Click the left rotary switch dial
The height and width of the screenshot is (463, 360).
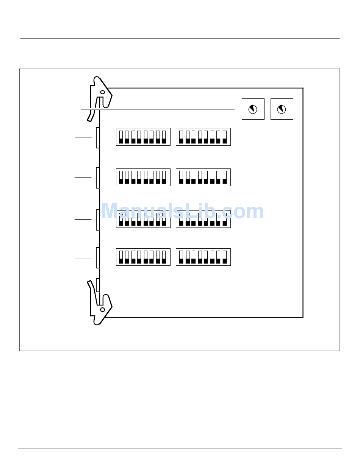[253, 109]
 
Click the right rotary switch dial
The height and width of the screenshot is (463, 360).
[282, 109]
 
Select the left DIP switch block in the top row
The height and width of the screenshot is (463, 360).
[143, 137]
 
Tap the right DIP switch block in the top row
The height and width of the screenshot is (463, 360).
[203, 137]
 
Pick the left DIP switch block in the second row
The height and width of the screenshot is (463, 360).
[143, 177]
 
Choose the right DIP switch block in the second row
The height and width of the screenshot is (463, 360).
[203, 177]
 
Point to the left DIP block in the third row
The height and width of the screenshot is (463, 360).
[143, 219]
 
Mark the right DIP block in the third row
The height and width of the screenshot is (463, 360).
[203, 219]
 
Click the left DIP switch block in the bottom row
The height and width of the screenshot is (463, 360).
[143, 257]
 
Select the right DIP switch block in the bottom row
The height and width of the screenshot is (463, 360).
[203, 257]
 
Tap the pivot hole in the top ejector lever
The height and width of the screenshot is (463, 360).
[103, 92]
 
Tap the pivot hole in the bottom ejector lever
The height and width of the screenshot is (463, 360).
[103, 310]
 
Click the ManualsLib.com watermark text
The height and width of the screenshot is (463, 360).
[183, 211]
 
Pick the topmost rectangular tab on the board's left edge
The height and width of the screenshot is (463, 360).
[98, 138]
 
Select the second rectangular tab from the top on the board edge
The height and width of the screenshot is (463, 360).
[98, 178]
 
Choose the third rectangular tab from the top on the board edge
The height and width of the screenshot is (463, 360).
[98, 220]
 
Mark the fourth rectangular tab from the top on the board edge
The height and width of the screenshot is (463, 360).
[98, 258]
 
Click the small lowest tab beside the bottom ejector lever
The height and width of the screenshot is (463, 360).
[98, 285]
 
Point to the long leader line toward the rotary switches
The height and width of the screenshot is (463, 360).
[158, 109]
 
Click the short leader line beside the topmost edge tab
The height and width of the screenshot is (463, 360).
[84, 137]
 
